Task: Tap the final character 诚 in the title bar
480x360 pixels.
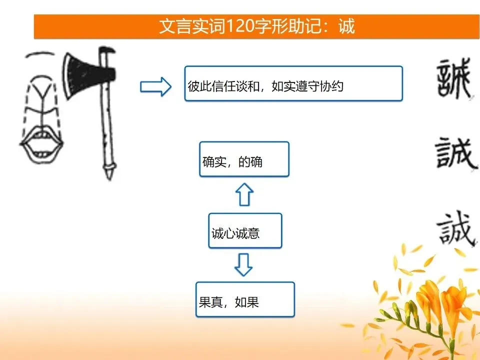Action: coord(346,26)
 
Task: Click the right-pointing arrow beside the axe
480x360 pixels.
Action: coord(155,86)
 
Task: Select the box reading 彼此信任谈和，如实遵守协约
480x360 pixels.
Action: coord(293,83)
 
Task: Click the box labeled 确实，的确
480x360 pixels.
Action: coord(244,159)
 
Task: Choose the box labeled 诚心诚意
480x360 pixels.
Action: coord(245,230)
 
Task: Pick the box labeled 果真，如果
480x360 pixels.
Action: coord(245,299)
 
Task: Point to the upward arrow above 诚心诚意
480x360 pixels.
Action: coord(244,194)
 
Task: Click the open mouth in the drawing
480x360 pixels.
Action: coord(41,143)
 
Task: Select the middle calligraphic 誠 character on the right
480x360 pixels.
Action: coord(455,153)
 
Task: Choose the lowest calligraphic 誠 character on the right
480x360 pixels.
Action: coord(456,228)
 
